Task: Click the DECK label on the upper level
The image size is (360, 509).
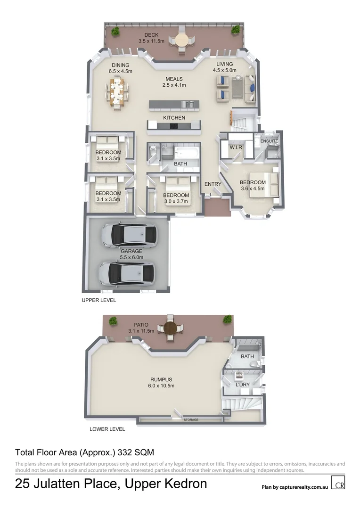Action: point(151,35)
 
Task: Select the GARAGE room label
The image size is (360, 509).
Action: point(131,251)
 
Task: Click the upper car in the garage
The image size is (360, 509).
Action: point(129,234)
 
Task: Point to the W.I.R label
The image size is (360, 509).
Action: point(236,148)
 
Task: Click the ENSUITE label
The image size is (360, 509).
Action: point(269,141)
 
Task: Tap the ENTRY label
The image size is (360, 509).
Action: point(213,184)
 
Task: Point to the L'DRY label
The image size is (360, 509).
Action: point(242,385)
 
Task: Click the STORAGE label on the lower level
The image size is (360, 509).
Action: point(191,419)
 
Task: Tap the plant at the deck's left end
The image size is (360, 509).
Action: point(115,31)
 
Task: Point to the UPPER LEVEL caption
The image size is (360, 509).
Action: point(98,300)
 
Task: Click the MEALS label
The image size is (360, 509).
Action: point(174,79)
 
